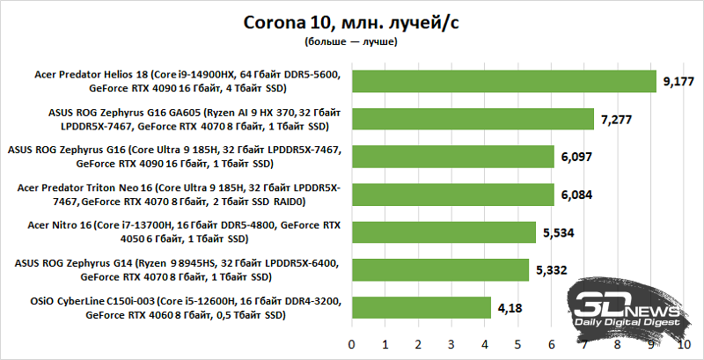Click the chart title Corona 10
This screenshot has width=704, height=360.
[x=352, y=21]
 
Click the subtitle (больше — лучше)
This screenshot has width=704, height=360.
[x=352, y=41]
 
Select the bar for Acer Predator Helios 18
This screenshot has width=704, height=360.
[x=504, y=81]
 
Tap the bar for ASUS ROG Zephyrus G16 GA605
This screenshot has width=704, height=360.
[x=473, y=119]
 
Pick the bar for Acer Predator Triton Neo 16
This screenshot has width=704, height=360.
[x=453, y=195]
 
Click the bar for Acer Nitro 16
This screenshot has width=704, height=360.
[x=444, y=232]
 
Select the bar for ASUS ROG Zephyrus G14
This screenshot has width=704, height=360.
[x=440, y=270]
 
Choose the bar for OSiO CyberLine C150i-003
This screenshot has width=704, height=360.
[x=422, y=308]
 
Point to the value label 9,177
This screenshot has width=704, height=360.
[x=678, y=81]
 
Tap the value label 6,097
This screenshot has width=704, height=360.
[x=576, y=157]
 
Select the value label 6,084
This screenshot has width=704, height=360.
[x=576, y=195]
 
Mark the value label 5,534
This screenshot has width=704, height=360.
[x=557, y=232]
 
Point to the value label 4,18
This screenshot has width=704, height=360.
[x=508, y=308]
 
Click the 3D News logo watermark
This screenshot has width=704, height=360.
[x=627, y=307]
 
